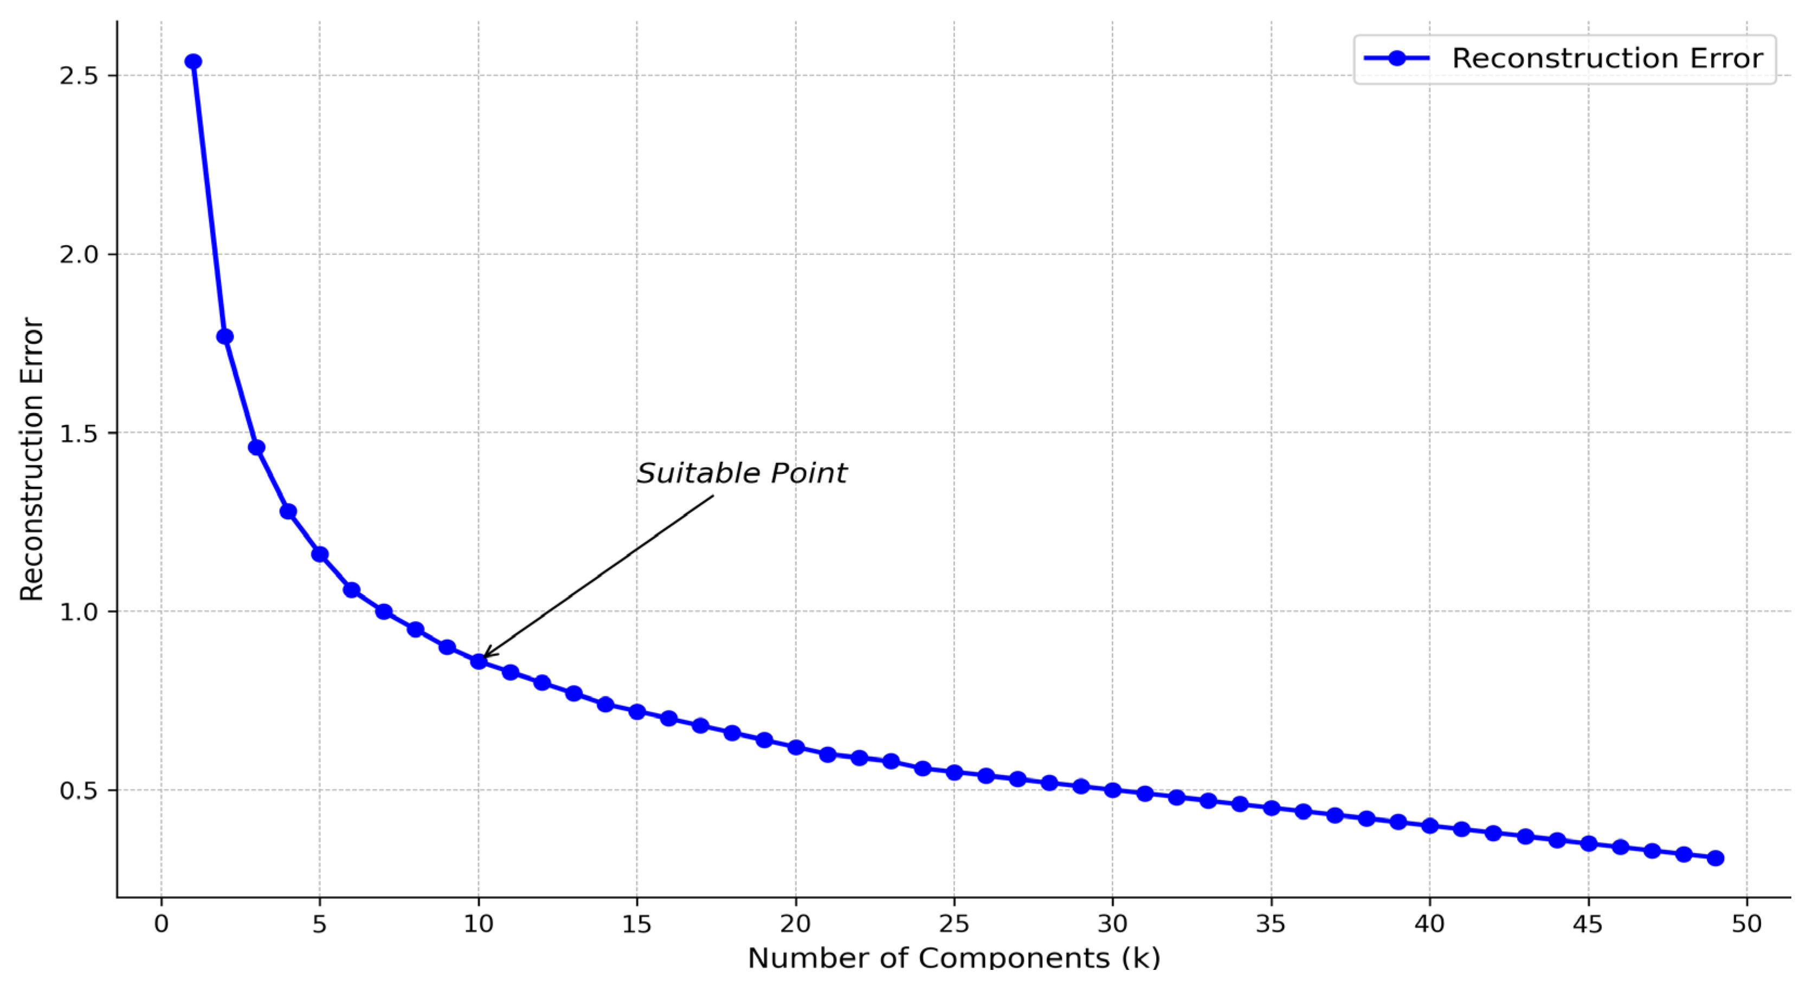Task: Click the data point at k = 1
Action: pyautogui.click(x=193, y=62)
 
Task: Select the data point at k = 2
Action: pyautogui.click(x=225, y=337)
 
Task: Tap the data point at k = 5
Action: pyautogui.click(x=320, y=554)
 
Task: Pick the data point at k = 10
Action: pyautogui.click(x=479, y=661)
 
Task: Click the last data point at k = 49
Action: pyautogui.click(x=1715, y=858)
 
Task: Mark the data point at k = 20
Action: pyautogui.click(x=796, y=747)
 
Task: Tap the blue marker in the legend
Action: pyautogui.click(x=1397, y=58)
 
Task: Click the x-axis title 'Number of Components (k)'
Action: pyautogui.click(x=953, y=958)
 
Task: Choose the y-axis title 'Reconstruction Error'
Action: pyautogui.click(x=31, y=459)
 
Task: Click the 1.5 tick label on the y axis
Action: pyautogui.click(x=79, y=433)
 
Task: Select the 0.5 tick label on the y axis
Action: pyautogui.click(x=79, y=790)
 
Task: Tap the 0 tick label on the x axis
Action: pyautogui.click(x=162, y=924)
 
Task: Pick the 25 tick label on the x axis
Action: pyautogui.click(x=953, y=924)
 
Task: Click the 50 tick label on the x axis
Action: pyautogui.click(x=1746, y=924)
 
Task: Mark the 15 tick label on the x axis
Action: pyautogui.click(x=636, y=924)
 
